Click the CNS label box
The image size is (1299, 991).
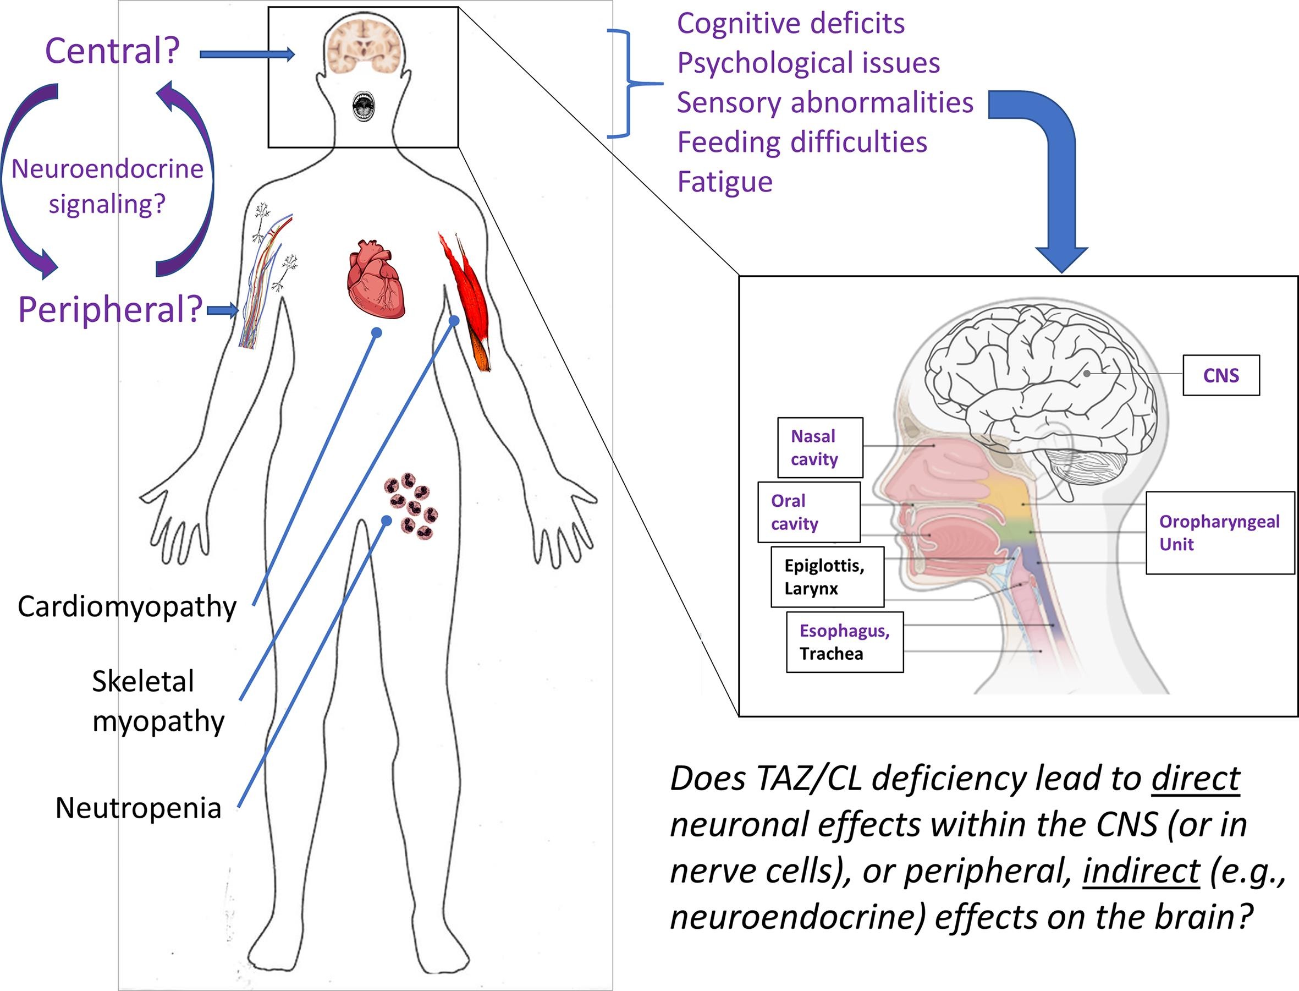(x=1220, y=375)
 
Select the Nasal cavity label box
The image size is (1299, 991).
(x=819, y=448)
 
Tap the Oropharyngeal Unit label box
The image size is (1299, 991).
(x=1219, y=533)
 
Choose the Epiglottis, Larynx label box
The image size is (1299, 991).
(x=827, y=577)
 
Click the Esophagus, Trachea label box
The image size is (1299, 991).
(x=844, y=642)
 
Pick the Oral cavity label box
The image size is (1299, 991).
(x=808, y=512)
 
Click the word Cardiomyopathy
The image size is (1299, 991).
(x=127, y=606)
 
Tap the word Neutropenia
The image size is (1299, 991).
(x=138, y=808)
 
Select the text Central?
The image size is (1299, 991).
(x=112, y=51)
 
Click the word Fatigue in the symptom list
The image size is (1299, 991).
(x=725, y=182)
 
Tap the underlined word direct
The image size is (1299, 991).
(x=1196, y=779)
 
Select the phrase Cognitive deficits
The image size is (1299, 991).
(x=790, y=24)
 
